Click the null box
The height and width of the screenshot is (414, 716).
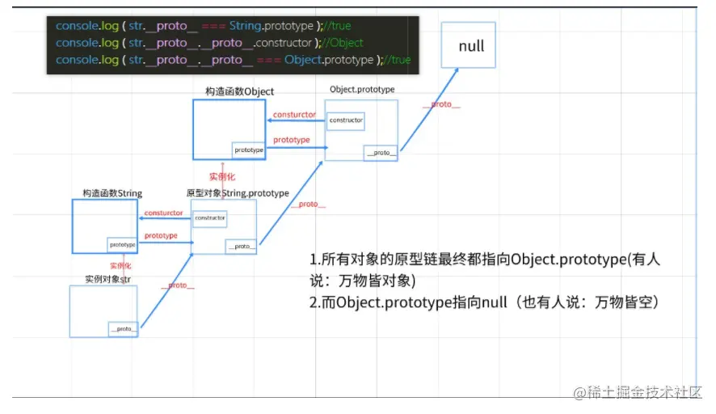[468, 45]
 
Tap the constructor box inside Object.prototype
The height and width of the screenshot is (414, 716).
[345, 120]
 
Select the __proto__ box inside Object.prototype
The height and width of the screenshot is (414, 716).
[381, 152]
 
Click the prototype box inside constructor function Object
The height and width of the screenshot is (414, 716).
[249, 150]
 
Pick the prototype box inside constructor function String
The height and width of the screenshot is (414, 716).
[122, 244]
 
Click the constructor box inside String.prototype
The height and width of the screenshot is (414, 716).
[209, 218]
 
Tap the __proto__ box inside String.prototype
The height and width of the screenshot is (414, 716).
[241, 246]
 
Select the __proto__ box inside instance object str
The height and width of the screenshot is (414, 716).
[123, 328]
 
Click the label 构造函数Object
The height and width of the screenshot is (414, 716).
[239, 92]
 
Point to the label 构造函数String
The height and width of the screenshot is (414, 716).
[112, 193]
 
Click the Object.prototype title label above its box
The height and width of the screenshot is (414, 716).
[362, 89]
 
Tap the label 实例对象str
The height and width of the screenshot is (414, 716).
[107, 279]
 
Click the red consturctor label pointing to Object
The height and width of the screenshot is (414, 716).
[294, 115]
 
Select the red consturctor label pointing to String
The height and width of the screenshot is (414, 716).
[163, 213]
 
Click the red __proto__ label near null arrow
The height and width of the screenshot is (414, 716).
[438, 105]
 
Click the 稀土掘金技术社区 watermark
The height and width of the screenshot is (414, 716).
[638, 393]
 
